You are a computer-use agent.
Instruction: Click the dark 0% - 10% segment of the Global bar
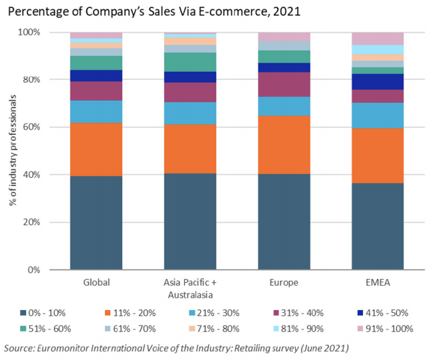coord(96,223)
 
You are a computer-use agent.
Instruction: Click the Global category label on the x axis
coord(96,282)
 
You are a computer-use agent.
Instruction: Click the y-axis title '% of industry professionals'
coord(13,151)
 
